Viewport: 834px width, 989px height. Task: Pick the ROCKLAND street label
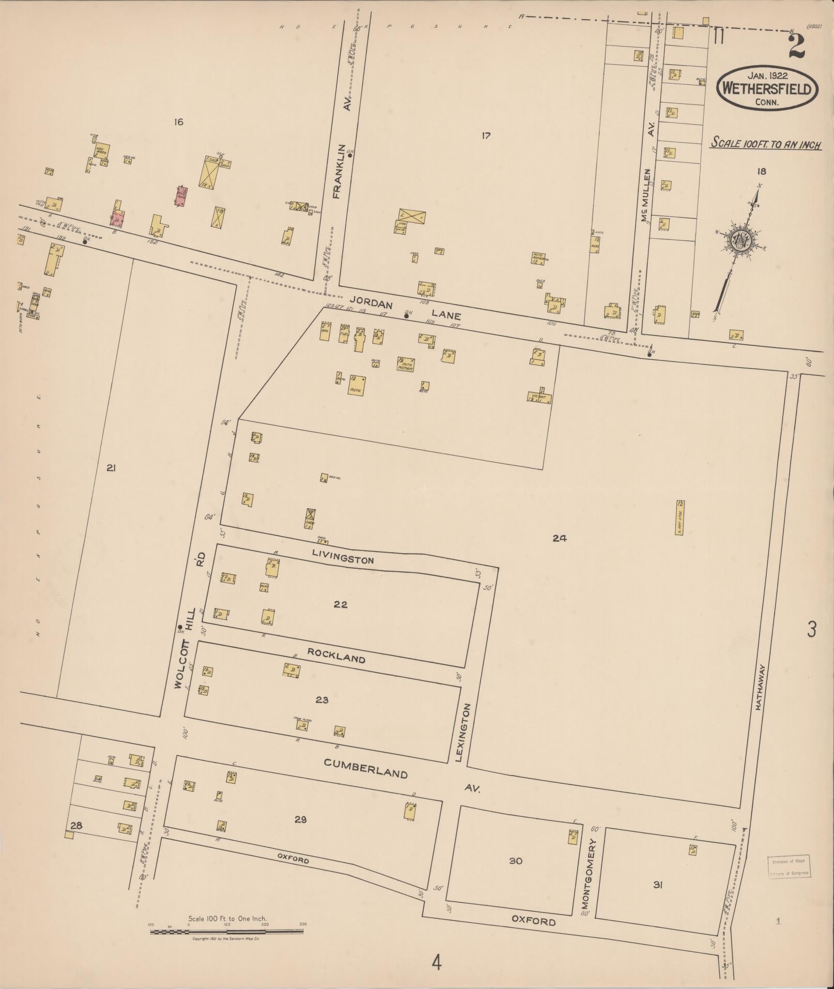336,656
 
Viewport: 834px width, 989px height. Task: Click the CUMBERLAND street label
366,767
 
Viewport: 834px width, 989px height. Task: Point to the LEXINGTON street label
464,732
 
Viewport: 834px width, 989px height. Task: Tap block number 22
340,604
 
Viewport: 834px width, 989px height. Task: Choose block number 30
515,861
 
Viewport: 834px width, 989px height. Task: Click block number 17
486,136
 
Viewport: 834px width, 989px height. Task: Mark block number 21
111,468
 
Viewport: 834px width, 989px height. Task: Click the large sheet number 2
796,48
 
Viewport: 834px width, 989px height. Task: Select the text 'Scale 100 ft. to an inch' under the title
766,143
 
